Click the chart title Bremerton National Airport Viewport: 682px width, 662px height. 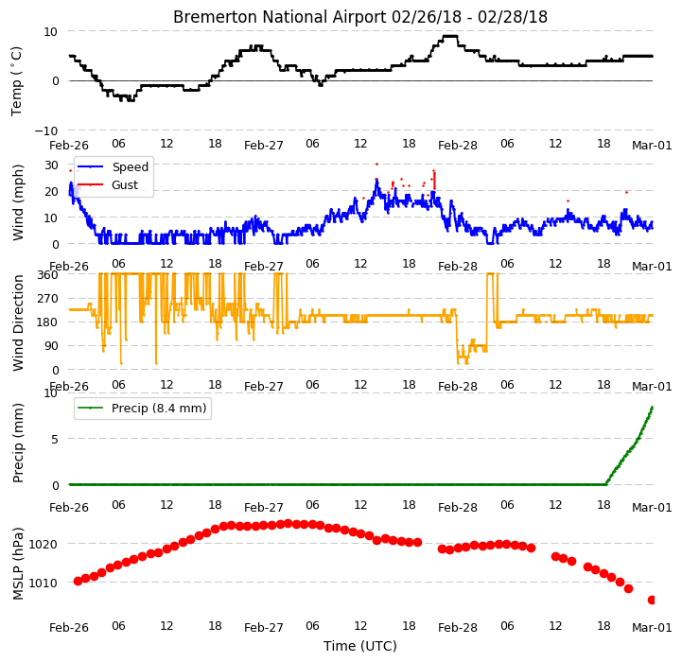pyautogui.click(x=280, y=17)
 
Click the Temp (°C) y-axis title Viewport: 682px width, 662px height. pyautogui.click(x=16, y=81)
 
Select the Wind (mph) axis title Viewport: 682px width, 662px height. pyautogui.click(x=17, y=202)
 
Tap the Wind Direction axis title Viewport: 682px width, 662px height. pyautogui.click(x=17, y=322)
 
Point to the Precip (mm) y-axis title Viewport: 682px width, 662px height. pyautogui.click(x=17, y=443)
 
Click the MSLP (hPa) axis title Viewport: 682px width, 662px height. pyautogui.click(x=17, y=564)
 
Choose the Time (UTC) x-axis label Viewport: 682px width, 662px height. pyautogui.click(x=360, y=646)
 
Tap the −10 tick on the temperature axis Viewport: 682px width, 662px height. pyautogui.click(x=45, y=131)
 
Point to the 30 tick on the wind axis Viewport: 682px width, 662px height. pyautogui.click(x=51, y=165)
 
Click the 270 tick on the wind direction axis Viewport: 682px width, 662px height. pyautogui.click(x=48, y=299)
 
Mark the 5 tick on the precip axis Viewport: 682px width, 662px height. pyautogui.click(x=54, y=440)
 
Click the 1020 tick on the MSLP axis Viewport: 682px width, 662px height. pyautogui.click(x=44, y=544)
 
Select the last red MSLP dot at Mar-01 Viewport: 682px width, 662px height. pyautogui.click(x=651, y=601)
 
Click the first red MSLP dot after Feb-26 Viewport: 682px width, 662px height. pyautogui.click(x=78, y=581)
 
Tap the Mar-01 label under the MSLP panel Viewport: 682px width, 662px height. pyautogui.click(x=652, y=628)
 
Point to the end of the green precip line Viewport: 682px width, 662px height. pyautogui.click(x=652, y=407)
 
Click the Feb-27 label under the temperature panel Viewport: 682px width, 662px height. pyautogui.click(x=264, y=146)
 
